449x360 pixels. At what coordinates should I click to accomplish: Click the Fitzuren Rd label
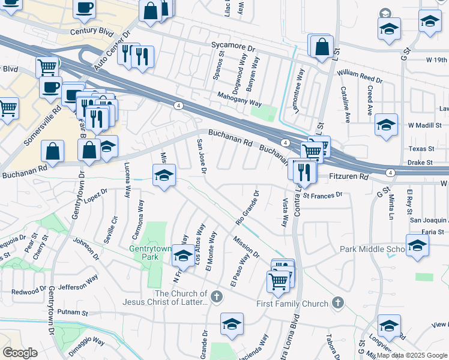click(x=349, y=177)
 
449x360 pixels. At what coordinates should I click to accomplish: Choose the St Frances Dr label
click(x=322, y=195)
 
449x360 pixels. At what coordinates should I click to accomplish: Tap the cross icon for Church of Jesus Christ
click(x=217, y=296)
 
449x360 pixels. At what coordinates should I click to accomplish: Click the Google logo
click(x=20, y=353)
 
